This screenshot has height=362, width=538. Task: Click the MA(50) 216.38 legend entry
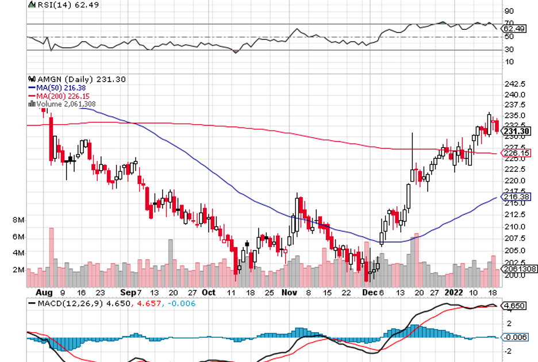(60, 88)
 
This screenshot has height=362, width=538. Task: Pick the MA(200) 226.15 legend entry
(62, 96)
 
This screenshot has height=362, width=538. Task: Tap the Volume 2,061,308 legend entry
(65, 104)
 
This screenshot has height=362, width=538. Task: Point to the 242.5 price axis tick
(514, 84)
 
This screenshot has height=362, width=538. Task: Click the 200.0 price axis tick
(514, 275)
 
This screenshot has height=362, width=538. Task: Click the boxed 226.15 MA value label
(515, 153)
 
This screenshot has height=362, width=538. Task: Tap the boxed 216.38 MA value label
(515, 197)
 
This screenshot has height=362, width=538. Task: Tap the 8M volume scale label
(17, 220)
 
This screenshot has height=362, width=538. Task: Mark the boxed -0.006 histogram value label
(515, 337)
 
